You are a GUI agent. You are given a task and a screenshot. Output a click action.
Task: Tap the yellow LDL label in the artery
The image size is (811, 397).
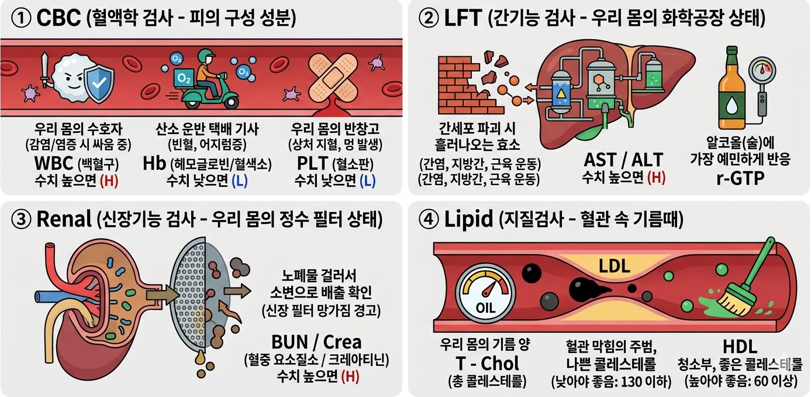click(614, 267)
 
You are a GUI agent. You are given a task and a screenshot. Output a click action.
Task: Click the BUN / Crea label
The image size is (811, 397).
click(316, 341)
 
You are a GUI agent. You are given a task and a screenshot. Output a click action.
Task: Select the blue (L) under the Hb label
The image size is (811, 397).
click(239, 181)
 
